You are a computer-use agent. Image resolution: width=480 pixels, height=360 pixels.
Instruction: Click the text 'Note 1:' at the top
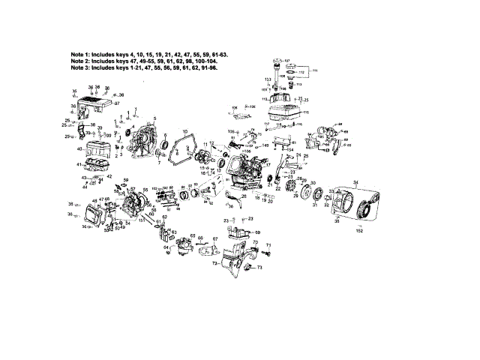point(83,55)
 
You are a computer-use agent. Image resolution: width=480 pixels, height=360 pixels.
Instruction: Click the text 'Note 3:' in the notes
point(83,67)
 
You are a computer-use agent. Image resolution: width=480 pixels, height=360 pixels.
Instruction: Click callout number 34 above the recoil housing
point(355,183)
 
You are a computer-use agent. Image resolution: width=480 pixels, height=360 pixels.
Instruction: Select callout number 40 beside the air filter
point(79,148)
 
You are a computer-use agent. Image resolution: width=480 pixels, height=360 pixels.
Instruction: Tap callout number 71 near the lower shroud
point(268,246)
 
